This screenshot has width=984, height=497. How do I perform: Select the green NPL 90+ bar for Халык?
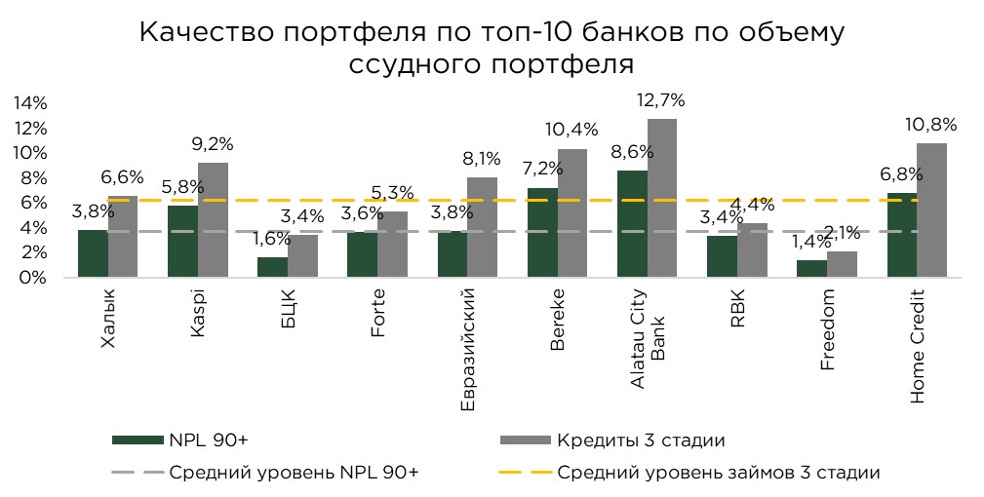coord(93,253)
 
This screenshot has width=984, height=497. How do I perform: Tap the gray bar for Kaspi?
coord(213,220)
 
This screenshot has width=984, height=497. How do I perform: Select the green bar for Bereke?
coord(542,233)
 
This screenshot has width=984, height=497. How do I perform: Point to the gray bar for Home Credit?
coord(931,210)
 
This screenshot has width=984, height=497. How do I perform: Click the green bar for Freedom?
coord(811,268)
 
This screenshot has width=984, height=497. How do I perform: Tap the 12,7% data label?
coord(661,99)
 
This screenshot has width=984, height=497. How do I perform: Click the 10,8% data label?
coord(932,124)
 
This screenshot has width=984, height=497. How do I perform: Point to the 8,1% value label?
coord(482,157)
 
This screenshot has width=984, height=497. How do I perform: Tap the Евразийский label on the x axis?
coord(468,348)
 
